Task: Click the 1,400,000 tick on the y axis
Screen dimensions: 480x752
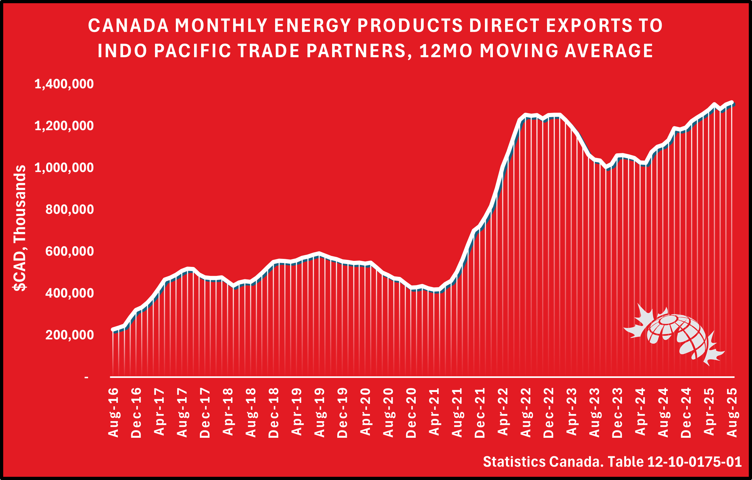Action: pos(64,84)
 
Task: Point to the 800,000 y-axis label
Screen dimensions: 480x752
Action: pos(69,210)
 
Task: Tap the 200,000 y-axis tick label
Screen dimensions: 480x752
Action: pos(69,335)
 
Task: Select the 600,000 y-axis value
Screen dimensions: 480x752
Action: pos(69,252)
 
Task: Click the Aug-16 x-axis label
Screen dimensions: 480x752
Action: pos(114,412)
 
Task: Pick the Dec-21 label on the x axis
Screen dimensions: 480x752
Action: pos(480,412)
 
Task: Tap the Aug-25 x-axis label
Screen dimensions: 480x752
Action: pos(732,412)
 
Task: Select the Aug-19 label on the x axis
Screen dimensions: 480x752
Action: pos(320,412)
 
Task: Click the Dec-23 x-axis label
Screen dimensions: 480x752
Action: pos(617,412)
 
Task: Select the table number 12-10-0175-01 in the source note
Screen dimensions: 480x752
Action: pos(694,462)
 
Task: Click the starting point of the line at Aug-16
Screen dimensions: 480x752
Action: pos(113,329)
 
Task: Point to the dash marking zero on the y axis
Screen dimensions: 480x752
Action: pos(86,378)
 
